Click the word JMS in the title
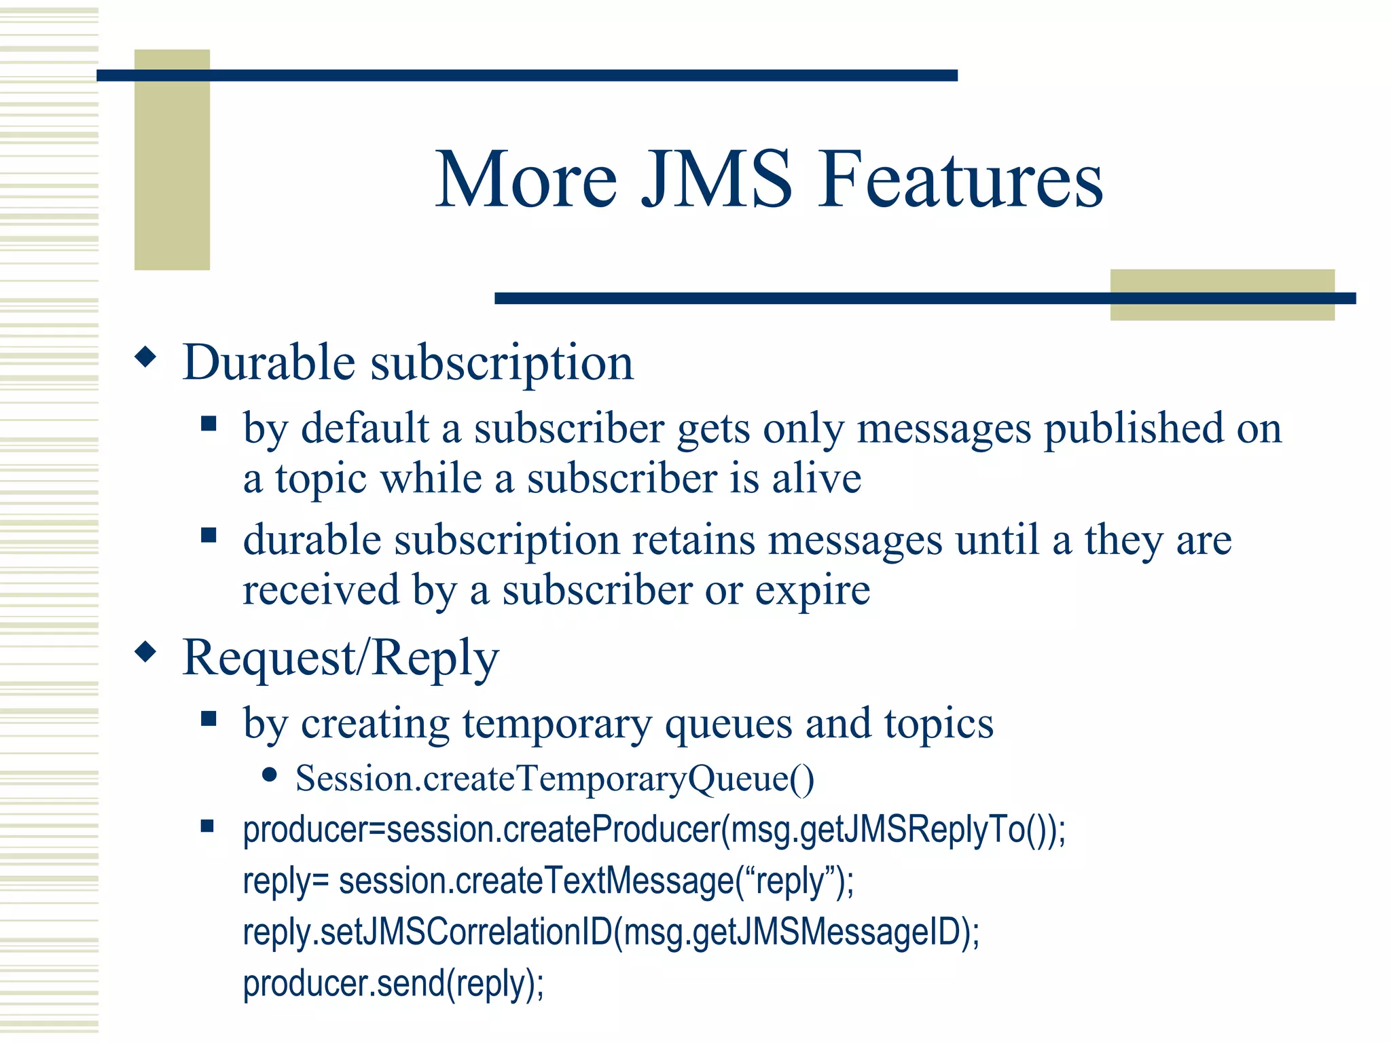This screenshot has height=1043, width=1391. (717, 180)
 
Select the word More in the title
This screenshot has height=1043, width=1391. (526, 180)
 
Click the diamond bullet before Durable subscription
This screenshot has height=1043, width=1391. (145, 357)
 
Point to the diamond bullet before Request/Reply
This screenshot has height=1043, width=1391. (145, 653)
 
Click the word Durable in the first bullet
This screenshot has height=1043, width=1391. (269, 363)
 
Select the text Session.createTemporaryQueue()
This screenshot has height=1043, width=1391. (554, 778)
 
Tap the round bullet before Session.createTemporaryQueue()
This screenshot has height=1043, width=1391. (270, 775)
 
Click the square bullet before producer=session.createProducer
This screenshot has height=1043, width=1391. (208, 826)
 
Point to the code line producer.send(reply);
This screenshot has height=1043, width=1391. (393, 983)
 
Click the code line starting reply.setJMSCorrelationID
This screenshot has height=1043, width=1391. (611, 932)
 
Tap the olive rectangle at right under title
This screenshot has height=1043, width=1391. (1222, 295)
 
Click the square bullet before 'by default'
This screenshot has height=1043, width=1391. (209, 424)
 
